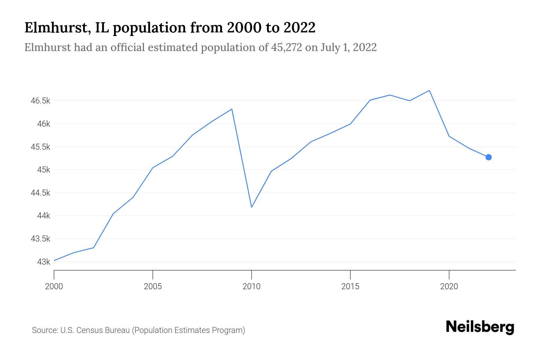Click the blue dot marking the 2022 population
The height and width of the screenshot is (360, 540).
click(x=488, y=157)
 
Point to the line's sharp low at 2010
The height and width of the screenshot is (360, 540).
click(x=251, y=207)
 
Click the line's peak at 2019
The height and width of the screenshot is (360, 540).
click(x=429, y=90)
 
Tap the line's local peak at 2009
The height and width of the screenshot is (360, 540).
click(x=232, y=109)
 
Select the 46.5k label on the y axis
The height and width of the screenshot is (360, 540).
click(x=40, y=101)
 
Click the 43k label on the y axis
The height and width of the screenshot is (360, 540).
click(x=44, y=262)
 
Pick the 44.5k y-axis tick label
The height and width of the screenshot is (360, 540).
click(x=40, y=193)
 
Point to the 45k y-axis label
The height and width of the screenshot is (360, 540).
click(x=44, y=170)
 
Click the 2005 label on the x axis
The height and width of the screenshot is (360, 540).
click(x=153, y=286)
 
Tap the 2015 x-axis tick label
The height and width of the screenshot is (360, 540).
click(x=350, y=286)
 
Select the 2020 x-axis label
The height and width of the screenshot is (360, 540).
click(x=449, y=286)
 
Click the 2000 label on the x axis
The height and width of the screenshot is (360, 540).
click(x=54, y=286)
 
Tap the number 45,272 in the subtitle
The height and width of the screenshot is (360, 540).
click(x=286, y=47)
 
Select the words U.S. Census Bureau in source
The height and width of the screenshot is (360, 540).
click(x=95, y=330)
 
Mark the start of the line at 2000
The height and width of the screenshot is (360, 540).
click(x=54, y=260)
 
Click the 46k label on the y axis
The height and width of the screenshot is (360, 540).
click(x=44, y=124)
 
